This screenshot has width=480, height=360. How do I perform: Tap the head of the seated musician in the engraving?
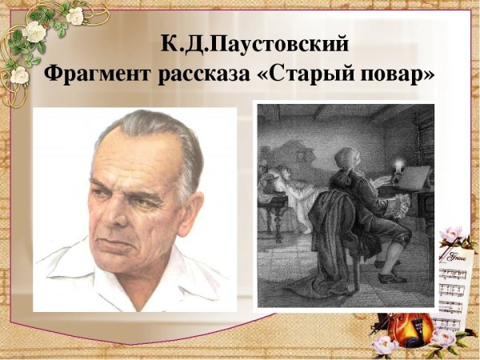click(x=346, y=159)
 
